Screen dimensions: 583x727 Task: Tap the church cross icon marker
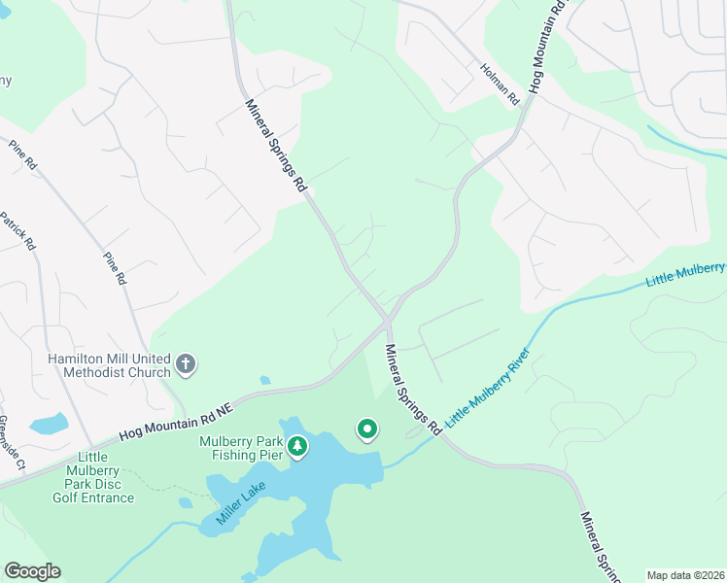pos(186,365)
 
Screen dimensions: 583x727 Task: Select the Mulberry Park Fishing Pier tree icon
pos(297,447)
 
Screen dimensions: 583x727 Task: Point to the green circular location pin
pos(366,429)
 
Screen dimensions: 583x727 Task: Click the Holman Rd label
pos(501,85)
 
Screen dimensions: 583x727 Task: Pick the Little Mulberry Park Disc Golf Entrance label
pos(92,477)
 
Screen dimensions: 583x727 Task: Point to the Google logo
pos(32,571)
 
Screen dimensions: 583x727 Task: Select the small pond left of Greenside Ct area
pos(49,424)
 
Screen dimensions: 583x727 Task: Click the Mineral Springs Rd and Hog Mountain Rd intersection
pos(387,320)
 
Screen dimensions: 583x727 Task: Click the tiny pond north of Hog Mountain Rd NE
pos(264,381)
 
